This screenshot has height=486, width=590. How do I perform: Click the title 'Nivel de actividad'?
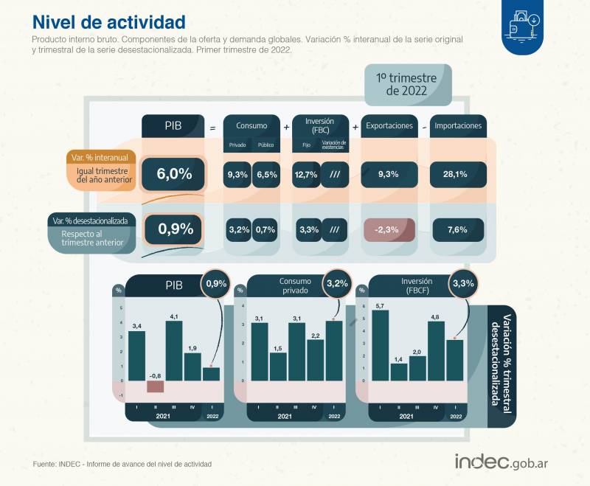pos(109,22)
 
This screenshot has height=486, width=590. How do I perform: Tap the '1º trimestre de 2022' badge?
pos(407,84)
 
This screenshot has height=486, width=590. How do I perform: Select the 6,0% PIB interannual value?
pos(174,174)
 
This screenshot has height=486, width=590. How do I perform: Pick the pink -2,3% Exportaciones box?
pos(386,229)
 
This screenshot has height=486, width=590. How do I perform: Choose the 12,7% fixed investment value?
pos(305,174)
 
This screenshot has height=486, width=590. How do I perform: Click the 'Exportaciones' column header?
pos(389,126)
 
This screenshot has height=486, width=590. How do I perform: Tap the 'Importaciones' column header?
pos(458,126)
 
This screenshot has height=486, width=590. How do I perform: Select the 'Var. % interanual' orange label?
pos(101,157)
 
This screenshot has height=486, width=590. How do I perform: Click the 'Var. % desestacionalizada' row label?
pos(90,220)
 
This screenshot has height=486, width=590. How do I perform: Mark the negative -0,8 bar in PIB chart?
pos(155,386)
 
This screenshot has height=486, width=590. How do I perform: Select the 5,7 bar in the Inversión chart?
pos(381,345)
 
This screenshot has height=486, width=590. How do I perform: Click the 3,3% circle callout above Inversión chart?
pos(464,283)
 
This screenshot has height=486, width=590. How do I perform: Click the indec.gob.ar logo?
pos(505,461)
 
